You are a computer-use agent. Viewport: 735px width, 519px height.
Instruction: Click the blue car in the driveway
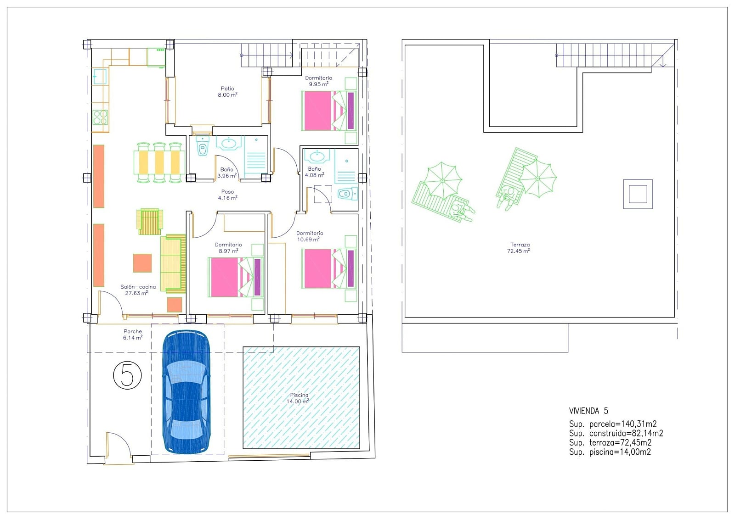pyautogui.click(x=187, y=392)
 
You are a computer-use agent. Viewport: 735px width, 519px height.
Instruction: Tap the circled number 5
pyautogui.click(x=127, y=375)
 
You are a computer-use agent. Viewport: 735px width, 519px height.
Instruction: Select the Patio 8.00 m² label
pyautogui.click(x=227, y=91)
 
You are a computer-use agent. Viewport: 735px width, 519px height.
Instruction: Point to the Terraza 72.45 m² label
pyautogui.click(x=519, y=248)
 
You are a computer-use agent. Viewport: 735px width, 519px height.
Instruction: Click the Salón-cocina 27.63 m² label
pyautogui.click(x=138, y=290)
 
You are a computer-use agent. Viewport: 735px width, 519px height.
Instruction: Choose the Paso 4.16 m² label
pyautogui.click(x=227, y=195)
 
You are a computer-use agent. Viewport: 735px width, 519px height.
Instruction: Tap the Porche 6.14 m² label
pyautogui.click(x=133, y=335)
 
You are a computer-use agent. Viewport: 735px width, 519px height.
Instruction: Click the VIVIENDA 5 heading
pyautogui.click(x=588, y=411)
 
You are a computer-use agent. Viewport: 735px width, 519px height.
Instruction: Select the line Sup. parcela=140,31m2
pyautogui.click(x=613, y=424)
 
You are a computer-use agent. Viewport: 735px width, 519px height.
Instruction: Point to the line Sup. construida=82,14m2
pyautogui.click(x=616, y=434)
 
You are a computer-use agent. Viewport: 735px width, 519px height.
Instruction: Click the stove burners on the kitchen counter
pyautogui.click(x=100, y=117)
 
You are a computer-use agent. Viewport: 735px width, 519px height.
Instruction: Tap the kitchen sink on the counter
pyautogui.click(x=99, y=76)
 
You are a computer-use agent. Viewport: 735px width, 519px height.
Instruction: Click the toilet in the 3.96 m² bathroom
pyautogui.click(x=203, y=146)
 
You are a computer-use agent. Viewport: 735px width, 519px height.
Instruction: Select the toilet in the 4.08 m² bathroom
pyautogui.click(x=347, y=194)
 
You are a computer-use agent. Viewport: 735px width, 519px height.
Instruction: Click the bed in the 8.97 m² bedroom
pyautogui.click(x=236, y=277)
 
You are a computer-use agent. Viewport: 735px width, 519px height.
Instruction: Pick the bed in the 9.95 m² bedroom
pyautogui.click(x=329, y=111)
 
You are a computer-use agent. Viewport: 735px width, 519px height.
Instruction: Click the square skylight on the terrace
pyautogui.click(x=638, y=194)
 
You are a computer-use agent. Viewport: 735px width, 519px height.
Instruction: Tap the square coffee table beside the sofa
pyautogui.click(x=142, y=263)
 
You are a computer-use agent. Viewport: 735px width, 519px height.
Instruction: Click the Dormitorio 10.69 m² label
pyautogui.click(x=310, y=236)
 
